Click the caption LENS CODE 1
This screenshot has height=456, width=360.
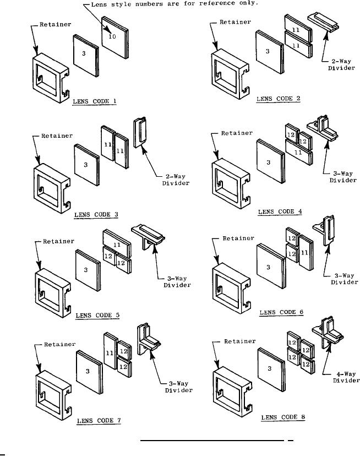coord(96,101)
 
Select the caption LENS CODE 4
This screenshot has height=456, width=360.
coord(280,211)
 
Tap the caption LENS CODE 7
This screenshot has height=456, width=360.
coord(100,420)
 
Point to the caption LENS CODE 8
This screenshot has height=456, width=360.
coord(283,417)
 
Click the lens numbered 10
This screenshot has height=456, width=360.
coord(114,38)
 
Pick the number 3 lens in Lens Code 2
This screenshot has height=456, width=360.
coord(268,50)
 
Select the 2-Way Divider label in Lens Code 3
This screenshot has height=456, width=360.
coord(175,180)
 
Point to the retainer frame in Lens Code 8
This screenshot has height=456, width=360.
coord(231,386)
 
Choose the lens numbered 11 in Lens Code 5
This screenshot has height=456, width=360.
coord(117,241)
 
